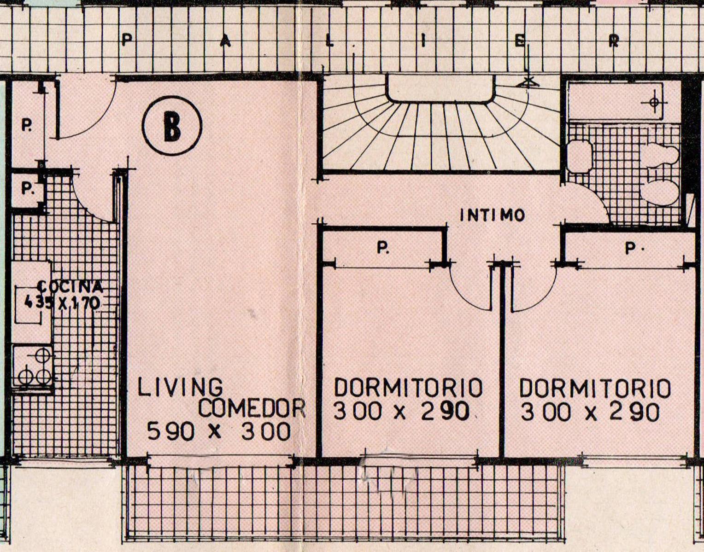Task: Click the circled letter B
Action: pyautogui.click(x=172, y=126)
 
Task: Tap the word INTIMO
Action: pyautogui.click(x=493, y=215)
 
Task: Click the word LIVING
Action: pyautogui.click(x=181, y=388)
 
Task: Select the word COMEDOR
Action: pyautogui.click(x=252, y=408)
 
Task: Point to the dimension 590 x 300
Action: pyautogui.click(x=219, y=431)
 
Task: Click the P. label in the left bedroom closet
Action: pyautogui.click(x=383, y=248)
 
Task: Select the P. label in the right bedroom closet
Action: pyautogui.click(x=631, y=248)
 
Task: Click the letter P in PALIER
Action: pyautogui.click(x=127, y=41)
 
